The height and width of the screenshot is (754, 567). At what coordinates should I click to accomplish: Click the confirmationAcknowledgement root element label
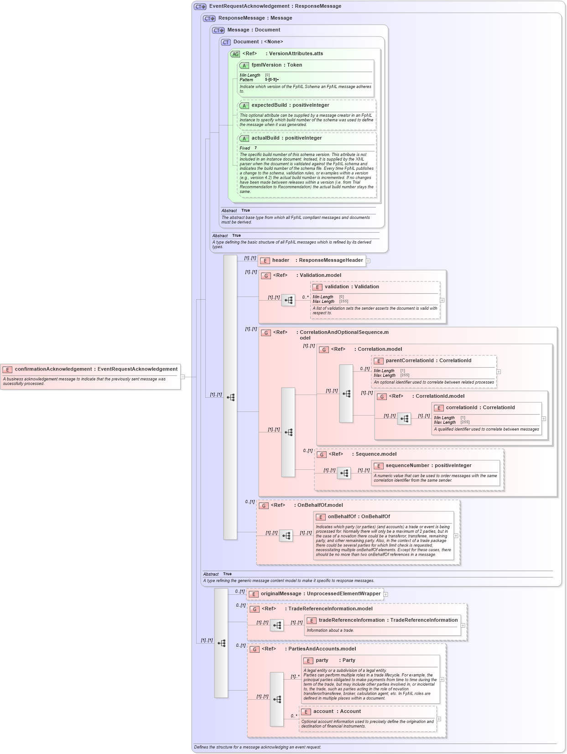click(96, 369)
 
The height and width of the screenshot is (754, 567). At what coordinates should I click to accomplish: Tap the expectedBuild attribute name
click(290, 105)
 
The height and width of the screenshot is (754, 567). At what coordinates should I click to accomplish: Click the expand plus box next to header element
click(368, 261)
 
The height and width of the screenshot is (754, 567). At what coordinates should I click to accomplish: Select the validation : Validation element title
click(351, 287)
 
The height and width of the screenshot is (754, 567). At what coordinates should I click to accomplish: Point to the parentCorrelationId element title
click(428, 361)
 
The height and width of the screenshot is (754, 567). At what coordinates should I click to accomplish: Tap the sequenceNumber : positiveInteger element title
click(428, 466)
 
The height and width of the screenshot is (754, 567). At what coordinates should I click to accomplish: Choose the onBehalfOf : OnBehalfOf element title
click(359, 517)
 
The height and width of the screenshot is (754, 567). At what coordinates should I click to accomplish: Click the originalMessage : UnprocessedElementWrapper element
click(320, 594)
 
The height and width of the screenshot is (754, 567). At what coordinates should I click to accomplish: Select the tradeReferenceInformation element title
click(388, 620)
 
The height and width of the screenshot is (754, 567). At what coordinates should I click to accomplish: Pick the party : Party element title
click(335, 660)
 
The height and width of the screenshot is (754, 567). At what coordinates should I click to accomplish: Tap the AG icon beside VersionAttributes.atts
click(235, 54)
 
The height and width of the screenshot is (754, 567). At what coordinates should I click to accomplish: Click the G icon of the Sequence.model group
click(322, 455)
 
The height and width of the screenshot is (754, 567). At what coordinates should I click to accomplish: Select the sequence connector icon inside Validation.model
click(288, 300)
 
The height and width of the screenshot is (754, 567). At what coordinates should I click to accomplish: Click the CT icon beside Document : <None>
click(226, 42)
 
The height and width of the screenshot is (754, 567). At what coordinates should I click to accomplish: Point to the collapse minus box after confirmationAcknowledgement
click(182, 377)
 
